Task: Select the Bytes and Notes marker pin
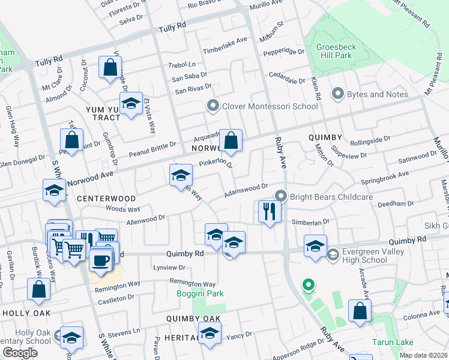337,94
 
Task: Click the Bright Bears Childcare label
331,196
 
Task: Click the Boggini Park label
200,293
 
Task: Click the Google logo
19,353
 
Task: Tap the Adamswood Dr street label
246,192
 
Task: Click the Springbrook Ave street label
384,177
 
